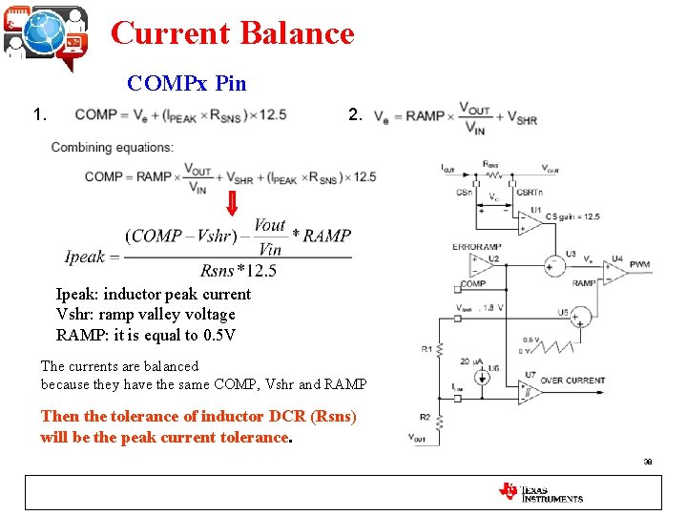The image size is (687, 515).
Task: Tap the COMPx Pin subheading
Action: coord(187,83)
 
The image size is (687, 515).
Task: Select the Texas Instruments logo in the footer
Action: coord(541,492)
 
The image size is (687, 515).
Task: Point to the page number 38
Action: coord(648,461)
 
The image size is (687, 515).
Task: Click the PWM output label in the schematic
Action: coord(638,264)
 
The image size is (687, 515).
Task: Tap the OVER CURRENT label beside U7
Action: coord(572,381)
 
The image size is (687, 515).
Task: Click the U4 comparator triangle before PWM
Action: coord(614,272)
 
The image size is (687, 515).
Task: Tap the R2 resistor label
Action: coord(425,417)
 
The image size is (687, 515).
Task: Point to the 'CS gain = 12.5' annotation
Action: coord(575,217)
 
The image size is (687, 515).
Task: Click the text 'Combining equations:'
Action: coord(112,147)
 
